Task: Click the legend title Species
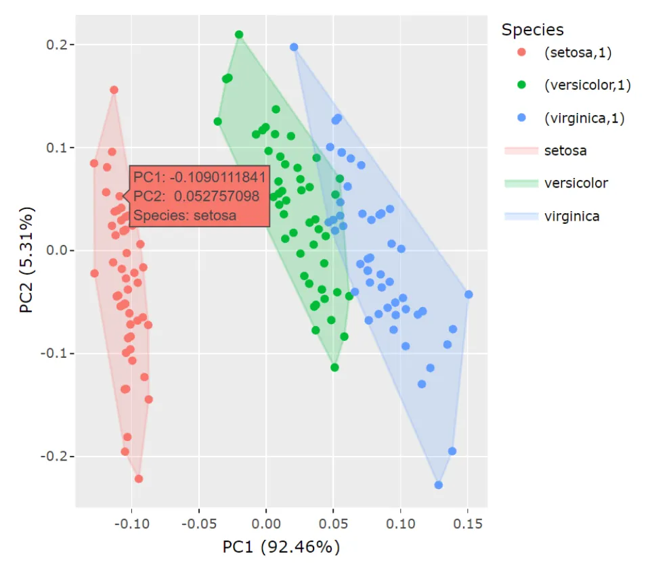pos(532,30)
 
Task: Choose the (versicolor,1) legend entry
pos(587,85)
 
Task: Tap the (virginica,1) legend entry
pos(584,118)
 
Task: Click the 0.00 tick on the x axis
pos(266,524)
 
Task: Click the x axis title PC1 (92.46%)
pos(281,547)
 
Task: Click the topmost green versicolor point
pos(239,34)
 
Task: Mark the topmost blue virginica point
pos(294,47)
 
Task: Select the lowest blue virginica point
pos(439,485)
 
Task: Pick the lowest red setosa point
pos(139,479)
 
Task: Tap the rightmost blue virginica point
pos(469,294)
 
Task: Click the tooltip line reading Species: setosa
pos(185,216)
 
